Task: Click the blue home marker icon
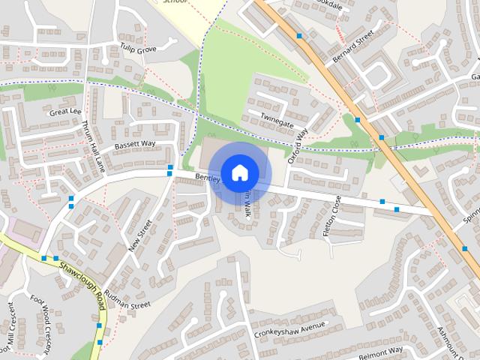point(239,172)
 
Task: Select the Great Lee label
point(65,112)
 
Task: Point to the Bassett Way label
point(134,144)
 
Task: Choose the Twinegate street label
point(277,118)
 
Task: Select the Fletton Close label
point(331,216)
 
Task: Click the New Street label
point(139,235)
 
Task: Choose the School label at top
point(174,2)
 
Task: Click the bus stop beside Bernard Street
point(299,35)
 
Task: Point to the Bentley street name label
point(205,178)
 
